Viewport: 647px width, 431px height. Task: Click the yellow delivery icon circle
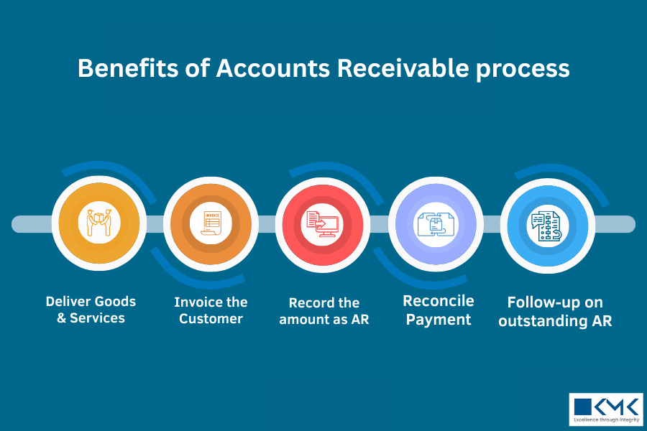click(x=99, y=223)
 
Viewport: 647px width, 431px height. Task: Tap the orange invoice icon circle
click(x=211, y=223)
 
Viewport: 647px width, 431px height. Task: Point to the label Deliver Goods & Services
click(x=91, y=310)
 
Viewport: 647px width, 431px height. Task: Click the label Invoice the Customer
click(x=211, y=310)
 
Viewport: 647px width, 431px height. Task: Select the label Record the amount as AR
click(x=323, y=311)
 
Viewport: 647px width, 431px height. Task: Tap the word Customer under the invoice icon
click(x=211, y=319)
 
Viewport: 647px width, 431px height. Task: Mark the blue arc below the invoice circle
click(x=201, y=276)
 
